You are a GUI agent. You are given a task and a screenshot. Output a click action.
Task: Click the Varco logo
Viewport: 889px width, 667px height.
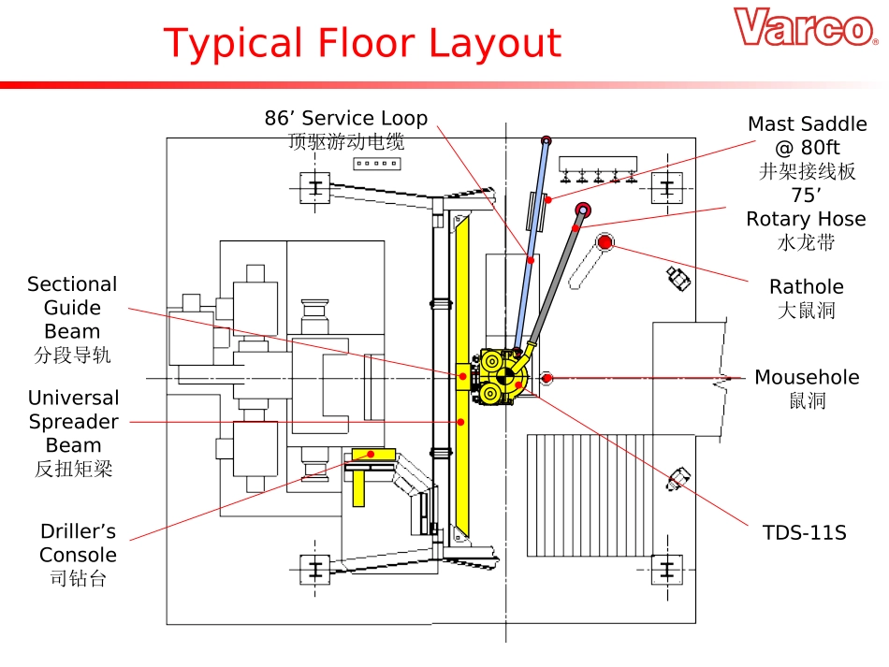pyautogui.click(x=805, y=28)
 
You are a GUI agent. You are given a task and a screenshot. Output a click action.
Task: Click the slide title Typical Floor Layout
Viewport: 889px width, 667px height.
pyautogui.click(x=362, y=44)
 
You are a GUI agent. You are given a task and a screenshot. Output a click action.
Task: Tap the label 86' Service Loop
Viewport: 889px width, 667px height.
pyautogui.click(x=345, y=119)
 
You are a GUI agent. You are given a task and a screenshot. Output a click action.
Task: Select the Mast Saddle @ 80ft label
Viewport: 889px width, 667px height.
pyautogui.click(x=807, y=136)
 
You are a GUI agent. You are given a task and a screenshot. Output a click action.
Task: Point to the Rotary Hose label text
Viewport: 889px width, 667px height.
pyautogui.click(x=806, y=219)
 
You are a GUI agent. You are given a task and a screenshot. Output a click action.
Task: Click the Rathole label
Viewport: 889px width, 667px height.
pyautogui.click(x=806, y=287)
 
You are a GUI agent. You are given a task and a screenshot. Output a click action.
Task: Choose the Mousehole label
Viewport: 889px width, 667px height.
pyautogui.click(x=807, y=378)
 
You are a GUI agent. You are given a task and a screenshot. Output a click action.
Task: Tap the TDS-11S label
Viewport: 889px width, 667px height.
pyautogui.click(x=804, y=533)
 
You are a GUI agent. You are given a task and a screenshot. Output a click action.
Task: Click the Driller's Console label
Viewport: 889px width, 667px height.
pyautogui.click(x=78, y=544)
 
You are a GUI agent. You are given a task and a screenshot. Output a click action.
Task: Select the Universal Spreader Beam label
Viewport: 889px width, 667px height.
pyautogui.click(x=73, y=422)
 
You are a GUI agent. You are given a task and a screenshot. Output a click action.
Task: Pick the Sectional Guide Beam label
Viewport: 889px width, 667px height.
pyautogui.click(x=72, y=308)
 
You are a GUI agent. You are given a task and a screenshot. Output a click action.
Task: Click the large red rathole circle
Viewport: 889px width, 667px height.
pyautogui.click(x=605, y=243)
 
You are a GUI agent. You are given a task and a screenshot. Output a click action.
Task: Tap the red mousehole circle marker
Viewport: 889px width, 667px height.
pyautogui.click(x=547, y=378)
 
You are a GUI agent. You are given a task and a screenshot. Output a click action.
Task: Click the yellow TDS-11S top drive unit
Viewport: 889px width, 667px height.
pyautogui.click(x=503, y=377)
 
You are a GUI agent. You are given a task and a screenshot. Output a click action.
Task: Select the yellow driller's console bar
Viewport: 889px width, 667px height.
pyautogui.click(x=372, y=456)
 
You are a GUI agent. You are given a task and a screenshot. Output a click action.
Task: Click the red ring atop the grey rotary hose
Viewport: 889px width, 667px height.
pyautogui.click(x=583, y=210)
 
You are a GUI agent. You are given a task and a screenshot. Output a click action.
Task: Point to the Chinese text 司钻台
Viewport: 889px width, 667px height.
pyautogui.click(x=78, y=579)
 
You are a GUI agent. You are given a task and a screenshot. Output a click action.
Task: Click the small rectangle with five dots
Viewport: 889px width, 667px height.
pyautogui.click(x=375, y=164)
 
